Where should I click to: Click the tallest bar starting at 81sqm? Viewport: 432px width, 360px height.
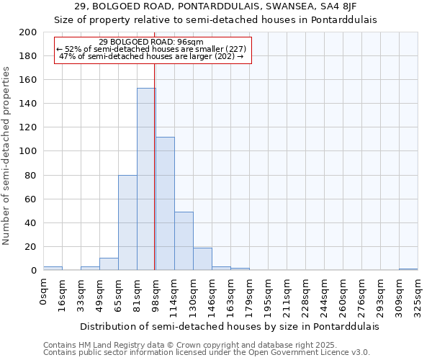click(146, 179)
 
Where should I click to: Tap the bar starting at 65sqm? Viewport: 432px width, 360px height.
click(127, 222)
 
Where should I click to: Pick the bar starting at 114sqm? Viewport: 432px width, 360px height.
click(184, 241)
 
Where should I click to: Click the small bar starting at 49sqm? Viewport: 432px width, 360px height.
click(109, 264)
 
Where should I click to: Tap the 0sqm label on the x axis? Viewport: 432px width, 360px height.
click(43, 292)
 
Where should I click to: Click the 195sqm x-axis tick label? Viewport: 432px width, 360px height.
click(268, 295)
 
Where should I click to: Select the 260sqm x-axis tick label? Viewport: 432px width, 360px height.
click(343, 295)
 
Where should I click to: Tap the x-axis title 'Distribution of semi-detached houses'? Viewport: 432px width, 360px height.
click(229, 326)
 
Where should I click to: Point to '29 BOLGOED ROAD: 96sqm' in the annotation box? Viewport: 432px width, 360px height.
click(151, 42)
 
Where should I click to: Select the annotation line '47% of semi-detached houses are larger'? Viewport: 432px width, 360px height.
click(151, 56)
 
